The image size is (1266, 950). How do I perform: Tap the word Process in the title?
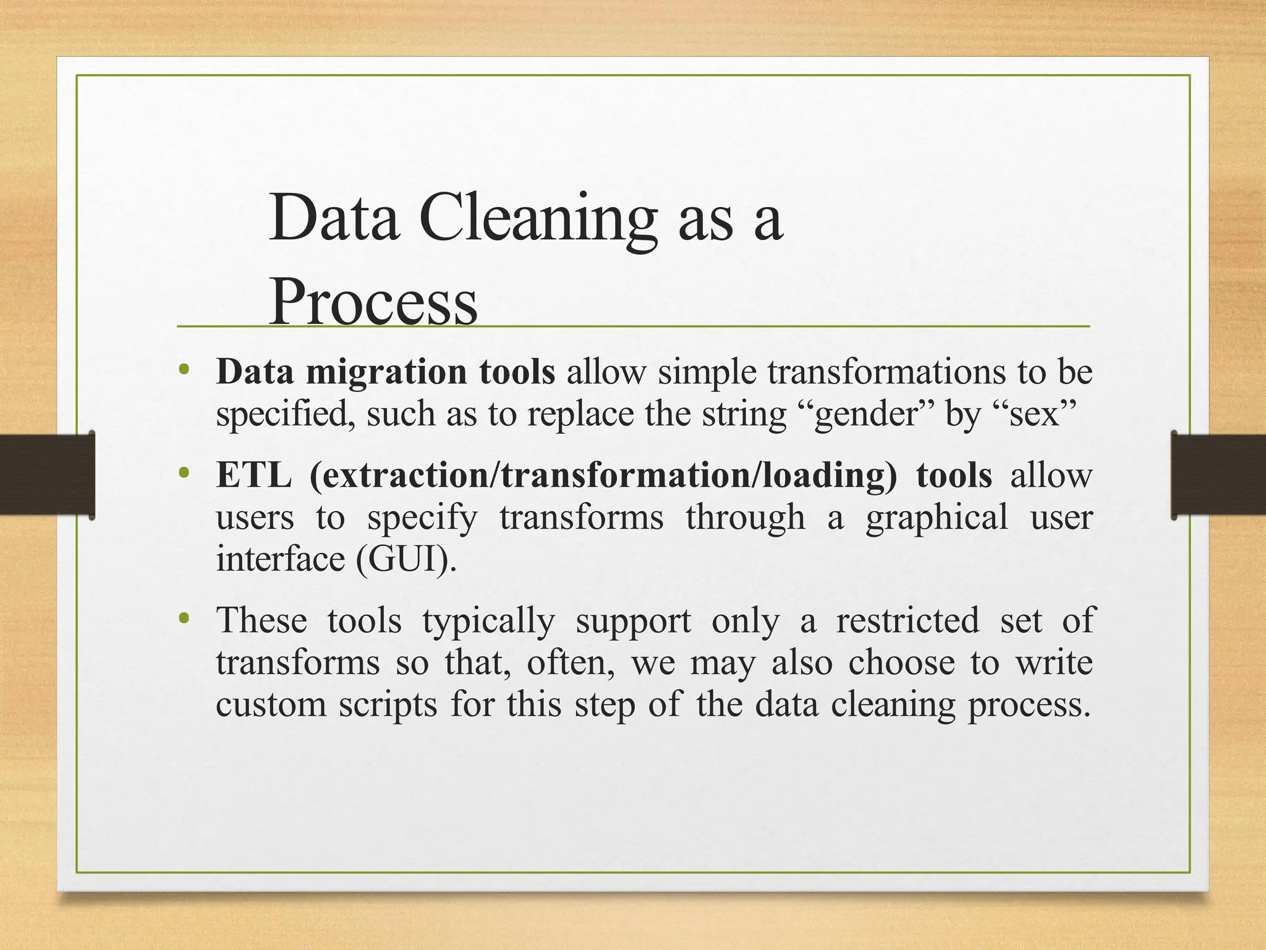click(x=373, y=301)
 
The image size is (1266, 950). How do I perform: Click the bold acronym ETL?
click(x=253, y=475)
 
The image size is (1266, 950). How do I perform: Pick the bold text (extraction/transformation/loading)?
click(x=603, y=475)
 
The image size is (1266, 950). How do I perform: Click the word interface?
click(x=280, y=558)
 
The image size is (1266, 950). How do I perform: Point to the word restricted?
click(x=907, y=620)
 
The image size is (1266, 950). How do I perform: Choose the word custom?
click(x=271, y=704)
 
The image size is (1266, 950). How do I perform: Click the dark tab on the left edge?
click(x=47, y=474)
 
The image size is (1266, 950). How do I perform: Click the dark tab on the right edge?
click(x=1218, y=474)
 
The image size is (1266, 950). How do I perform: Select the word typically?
click(x=488, y=620)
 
